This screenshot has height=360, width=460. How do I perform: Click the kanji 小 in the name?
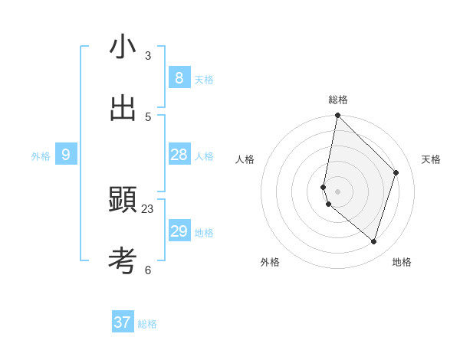click(123, 47)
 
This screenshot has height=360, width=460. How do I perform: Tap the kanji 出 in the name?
click(123, 108)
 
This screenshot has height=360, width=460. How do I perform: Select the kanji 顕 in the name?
click(123, 200)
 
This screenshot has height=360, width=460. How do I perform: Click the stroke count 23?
click(147, 209)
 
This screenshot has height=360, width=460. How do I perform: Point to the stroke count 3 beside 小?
click(148, 56)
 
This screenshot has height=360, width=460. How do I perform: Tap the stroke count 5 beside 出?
click(148, 117)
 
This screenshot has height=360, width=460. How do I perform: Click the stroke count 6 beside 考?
click(148, 270)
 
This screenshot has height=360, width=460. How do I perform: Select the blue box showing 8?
click(179, 77)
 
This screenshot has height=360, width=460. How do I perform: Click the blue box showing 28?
click(179, 155)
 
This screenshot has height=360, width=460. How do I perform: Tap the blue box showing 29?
click(179, 231)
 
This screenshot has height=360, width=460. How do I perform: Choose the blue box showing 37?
click(123, 322)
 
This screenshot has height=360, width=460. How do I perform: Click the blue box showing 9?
click(66, 155)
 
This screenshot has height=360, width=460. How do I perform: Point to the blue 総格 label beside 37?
click(147, 324)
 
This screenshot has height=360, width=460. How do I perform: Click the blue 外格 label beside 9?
click(41, 156)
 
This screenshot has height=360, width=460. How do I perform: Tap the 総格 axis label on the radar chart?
click(337, 100)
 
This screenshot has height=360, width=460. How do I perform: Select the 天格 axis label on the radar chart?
click(431, 159)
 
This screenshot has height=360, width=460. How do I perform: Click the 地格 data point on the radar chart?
click(373, 241)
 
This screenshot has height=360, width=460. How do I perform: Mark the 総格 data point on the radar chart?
click(337, 116)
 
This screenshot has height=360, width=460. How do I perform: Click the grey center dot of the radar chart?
click(337, 191)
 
